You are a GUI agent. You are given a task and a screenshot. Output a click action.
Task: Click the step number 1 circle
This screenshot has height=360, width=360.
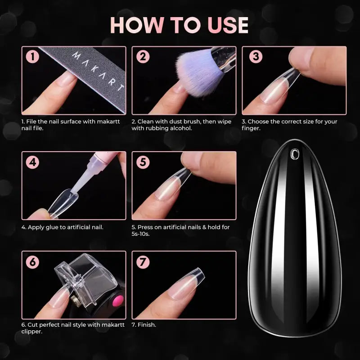(x=32, y=57)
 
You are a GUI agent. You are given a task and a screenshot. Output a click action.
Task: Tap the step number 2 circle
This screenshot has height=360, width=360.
(x=143, y=57)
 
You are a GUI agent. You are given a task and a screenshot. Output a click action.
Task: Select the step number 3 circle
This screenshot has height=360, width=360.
(x=256, y=57)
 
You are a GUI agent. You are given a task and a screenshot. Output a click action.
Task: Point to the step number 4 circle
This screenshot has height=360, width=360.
(x=32, y=162)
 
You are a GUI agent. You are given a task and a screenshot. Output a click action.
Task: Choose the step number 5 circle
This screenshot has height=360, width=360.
(x=143, y=162)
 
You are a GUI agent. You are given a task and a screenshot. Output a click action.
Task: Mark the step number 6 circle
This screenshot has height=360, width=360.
(x=32, y=262)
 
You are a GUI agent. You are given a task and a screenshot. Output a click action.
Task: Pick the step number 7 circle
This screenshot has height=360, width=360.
(x=143, y=262)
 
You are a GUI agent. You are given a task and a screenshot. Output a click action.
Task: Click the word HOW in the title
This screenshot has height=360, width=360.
(x=137, y=25)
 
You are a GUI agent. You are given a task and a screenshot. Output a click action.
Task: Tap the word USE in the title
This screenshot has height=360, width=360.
(x=228, y=25)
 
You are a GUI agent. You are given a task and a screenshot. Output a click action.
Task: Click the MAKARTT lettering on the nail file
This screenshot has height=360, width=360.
(x=97, y=72)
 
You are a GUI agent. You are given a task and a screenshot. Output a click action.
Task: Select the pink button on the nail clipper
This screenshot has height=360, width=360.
(x=118, y=301)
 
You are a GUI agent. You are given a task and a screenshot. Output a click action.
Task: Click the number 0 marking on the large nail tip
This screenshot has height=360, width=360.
(x=295, y=154)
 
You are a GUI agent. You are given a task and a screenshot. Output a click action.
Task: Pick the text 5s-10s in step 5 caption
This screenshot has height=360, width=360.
(x=140, y=234)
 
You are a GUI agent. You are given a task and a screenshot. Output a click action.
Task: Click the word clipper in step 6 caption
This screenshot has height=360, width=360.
(x=32, y=332)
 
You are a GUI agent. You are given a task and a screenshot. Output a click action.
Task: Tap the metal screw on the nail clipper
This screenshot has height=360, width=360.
(x=75, y=299)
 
